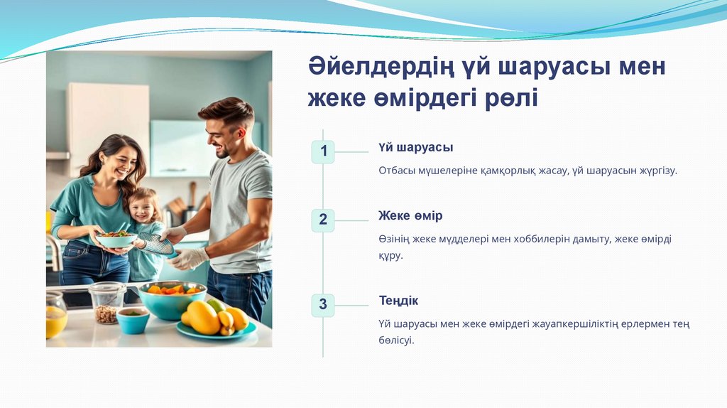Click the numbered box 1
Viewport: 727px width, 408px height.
click(323, 152)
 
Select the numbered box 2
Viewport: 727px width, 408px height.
click(323, 220)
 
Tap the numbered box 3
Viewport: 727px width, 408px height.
click(323, 305)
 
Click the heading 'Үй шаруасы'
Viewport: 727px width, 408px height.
click(415, 148)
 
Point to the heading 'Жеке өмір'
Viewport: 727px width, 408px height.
click(410, 215)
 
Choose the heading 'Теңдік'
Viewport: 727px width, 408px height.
click(398, 301)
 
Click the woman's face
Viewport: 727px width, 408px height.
click(123, 163)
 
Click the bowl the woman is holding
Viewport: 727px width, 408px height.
click(116, 240)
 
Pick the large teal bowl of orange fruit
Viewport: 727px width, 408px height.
click(172, 300)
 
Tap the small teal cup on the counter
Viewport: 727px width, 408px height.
click(133, 321)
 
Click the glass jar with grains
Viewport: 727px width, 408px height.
click(107, 303)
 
